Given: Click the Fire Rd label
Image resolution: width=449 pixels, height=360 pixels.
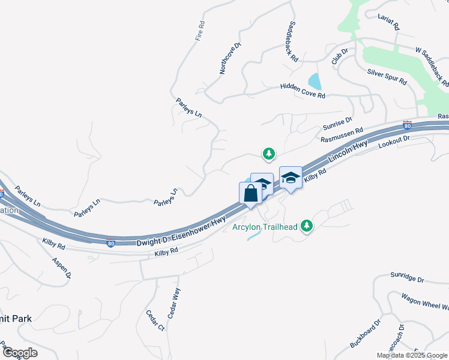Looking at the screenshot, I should click(x=200, y=31).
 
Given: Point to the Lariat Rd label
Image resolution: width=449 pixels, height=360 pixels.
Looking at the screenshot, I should click(x=388, y=23).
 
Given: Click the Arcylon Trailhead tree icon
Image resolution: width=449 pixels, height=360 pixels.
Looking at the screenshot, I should click(x=307, y=226).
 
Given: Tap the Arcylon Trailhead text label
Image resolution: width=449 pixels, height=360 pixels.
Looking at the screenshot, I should click(x=266, y=227).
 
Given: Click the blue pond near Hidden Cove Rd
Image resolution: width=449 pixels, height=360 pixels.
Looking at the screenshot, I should click(x=314, y=80).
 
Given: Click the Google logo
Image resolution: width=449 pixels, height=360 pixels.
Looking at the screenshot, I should click(x=19, y=353).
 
